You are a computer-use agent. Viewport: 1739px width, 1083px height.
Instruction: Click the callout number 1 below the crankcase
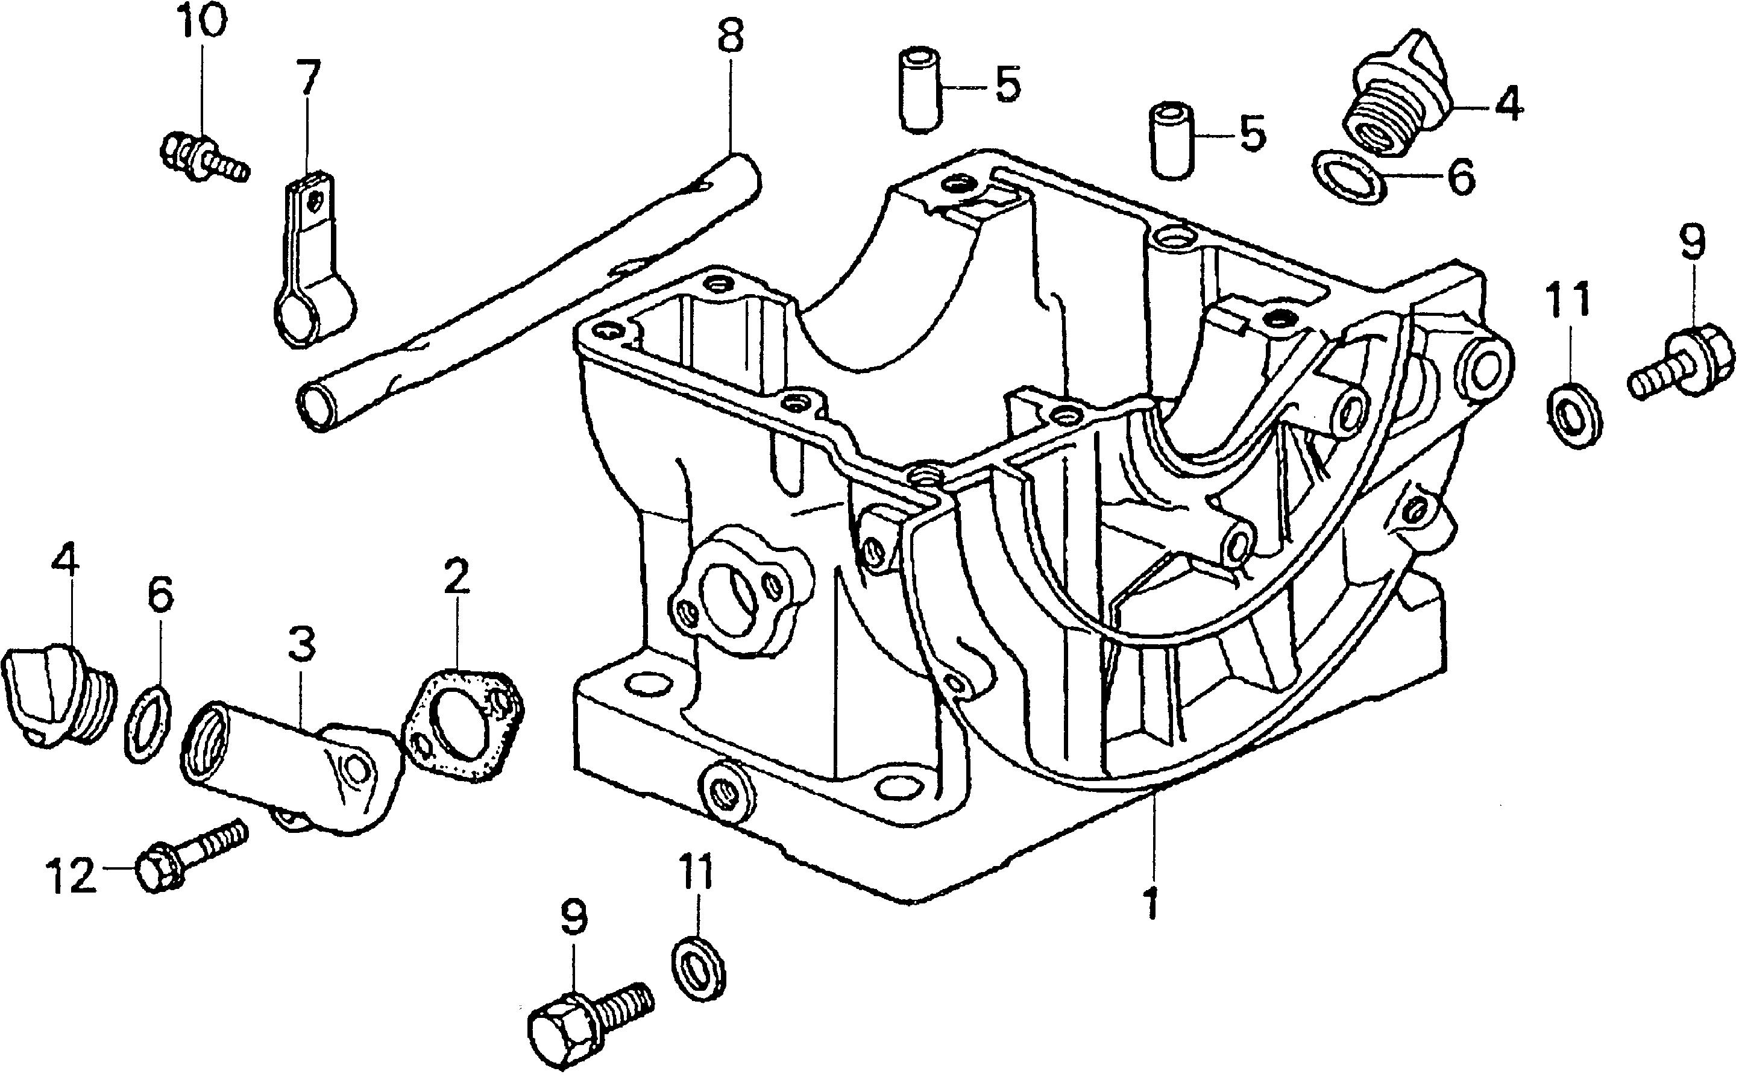(1151, 903)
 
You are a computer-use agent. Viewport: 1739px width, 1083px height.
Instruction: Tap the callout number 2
(456, 577)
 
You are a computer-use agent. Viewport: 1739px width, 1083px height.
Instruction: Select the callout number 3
(301, 643)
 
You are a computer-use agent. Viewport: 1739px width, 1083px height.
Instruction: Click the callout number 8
(730, 37)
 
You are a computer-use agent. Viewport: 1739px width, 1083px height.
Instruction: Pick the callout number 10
(202, 24)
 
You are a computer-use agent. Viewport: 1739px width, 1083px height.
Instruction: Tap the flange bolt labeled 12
(190, 856)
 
